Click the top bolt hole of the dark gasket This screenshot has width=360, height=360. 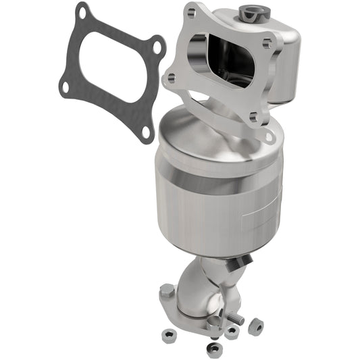83,11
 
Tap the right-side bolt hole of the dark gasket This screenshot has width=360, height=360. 157,47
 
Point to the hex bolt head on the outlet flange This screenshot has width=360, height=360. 167,292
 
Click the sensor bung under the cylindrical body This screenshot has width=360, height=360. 244,259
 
